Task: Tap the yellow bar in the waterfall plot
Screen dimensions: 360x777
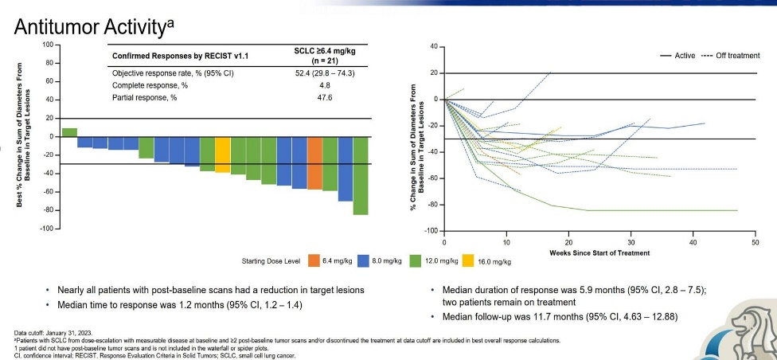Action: click(x=223, y=155)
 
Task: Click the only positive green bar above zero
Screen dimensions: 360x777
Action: click(x=69, y=132)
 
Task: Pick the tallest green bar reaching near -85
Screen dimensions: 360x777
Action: click(x=361, y=175)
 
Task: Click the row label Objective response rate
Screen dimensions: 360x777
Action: click(x=166, y=73)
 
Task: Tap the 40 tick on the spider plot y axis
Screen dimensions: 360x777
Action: click(x=434, y=47)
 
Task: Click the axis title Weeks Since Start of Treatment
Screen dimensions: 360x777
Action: click(x=599, y=252)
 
